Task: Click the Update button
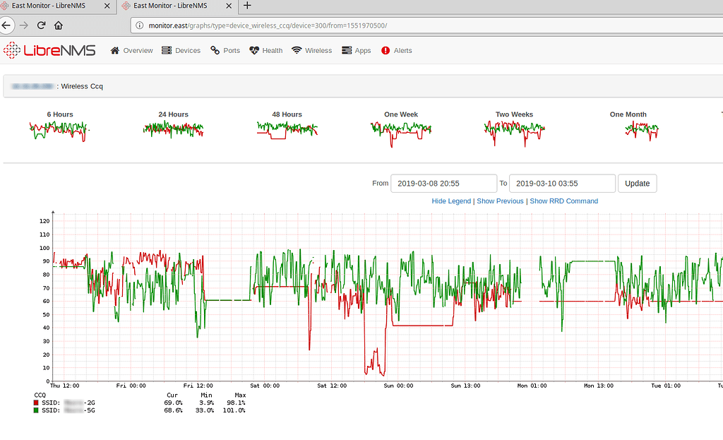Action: pos(637,184)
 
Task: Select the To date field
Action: pos(562,184)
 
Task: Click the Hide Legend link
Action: pos(451,201)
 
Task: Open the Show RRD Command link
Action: pos(563,201)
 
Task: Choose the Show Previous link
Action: pos(500,201)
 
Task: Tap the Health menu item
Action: pos(265,51)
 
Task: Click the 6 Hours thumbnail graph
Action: pos(59,131)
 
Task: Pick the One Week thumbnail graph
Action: pos(400,131)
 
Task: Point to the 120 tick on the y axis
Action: pos(44,221)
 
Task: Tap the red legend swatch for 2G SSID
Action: pos(37,402)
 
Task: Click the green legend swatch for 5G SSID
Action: pos(37,410)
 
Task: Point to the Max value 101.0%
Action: pos(235,410)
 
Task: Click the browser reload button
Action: pos(42,25)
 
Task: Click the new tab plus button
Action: pos(247,6)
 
